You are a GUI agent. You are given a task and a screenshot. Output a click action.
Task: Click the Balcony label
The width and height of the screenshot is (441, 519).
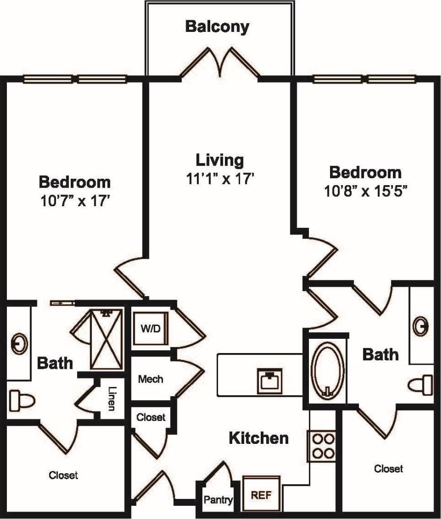217,27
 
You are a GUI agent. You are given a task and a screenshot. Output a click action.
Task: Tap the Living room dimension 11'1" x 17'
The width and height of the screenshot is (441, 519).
220,179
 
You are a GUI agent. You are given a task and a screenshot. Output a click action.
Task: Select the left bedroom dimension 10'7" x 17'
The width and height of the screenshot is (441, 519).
74,201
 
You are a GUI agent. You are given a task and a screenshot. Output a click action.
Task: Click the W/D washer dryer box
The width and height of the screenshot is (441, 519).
151,328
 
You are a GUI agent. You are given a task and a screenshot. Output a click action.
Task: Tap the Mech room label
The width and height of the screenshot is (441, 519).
150,379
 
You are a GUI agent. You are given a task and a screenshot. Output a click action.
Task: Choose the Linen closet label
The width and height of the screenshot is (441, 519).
111,399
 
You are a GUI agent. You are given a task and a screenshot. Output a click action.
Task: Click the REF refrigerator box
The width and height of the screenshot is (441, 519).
262,494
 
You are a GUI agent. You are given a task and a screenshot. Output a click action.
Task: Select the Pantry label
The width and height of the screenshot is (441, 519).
218,500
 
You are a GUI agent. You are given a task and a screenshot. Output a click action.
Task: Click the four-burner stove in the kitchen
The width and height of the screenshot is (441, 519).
322,445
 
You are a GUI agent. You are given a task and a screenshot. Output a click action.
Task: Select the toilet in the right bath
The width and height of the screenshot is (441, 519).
422,384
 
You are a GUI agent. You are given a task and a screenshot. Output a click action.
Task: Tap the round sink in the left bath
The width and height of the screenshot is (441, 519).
19,344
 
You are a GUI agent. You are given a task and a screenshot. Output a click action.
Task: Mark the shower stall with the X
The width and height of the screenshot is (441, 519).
106,340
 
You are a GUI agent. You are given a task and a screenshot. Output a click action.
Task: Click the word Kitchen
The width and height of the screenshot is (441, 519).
259,438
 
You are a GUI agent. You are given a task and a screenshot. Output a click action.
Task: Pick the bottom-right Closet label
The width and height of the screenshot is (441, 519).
388,469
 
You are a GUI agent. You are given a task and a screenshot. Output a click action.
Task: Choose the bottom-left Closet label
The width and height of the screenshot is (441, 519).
63,475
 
